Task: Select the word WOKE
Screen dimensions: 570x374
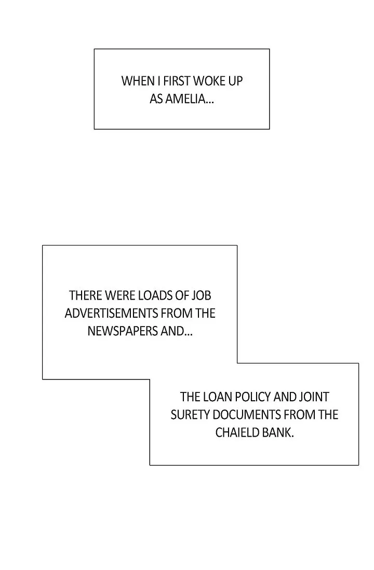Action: (x=210, y=82)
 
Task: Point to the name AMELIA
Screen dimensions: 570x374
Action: (x=189, y=99)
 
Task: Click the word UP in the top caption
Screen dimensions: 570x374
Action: (x=236, y=82)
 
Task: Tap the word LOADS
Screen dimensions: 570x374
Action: (x=155, y=296)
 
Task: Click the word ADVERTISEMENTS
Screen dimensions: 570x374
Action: (x=111, y=314)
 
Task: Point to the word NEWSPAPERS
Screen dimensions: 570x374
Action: (x=122, y=331)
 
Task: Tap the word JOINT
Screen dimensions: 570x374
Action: (x=315, y=397)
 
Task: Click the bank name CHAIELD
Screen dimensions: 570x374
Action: (x=237, y=432)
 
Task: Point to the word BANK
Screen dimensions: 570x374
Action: (x=278, y=432)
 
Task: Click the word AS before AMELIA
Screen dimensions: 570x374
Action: (x=156, y=99)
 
